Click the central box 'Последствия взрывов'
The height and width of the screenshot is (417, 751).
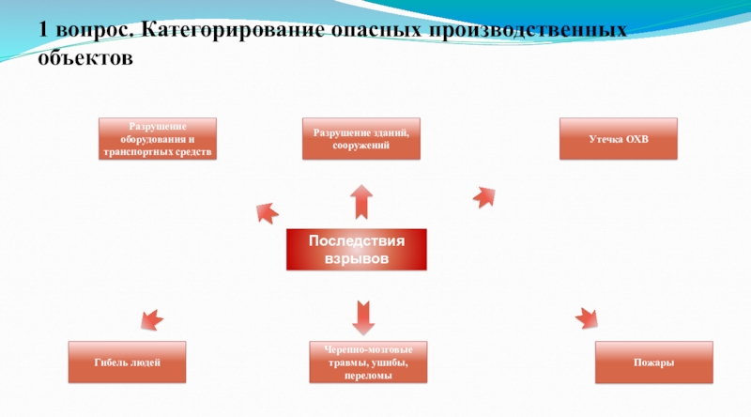pyautogui.click(x=356, y=249)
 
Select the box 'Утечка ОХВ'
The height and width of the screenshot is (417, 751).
pyautogui.click(x=618, y=139)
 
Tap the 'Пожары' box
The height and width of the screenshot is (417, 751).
pyautogui.click(x=653, y=363)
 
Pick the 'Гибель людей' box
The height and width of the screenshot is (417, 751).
pyautogui.click(x=127, y=363)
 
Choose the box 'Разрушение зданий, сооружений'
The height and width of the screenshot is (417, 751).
pyautogui.click(x=360, y=139)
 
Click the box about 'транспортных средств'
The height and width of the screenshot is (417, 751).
pyautogui.click(x=158, y=139)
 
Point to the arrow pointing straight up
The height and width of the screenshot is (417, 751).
pyautogui.click(x=360, y=200)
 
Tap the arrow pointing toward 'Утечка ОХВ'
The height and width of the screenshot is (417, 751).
pyautogui.click(x=483, y=196)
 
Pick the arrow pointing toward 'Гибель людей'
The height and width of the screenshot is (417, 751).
pyautogui.click(x=151, y=319)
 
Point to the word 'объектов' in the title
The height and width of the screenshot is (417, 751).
pyautogui.click(x=86, y=58)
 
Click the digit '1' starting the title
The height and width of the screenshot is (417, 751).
pyautogui.click(x=44, y=32)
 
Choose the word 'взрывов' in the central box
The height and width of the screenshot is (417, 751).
pyautogui.click(x=356, y=257)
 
